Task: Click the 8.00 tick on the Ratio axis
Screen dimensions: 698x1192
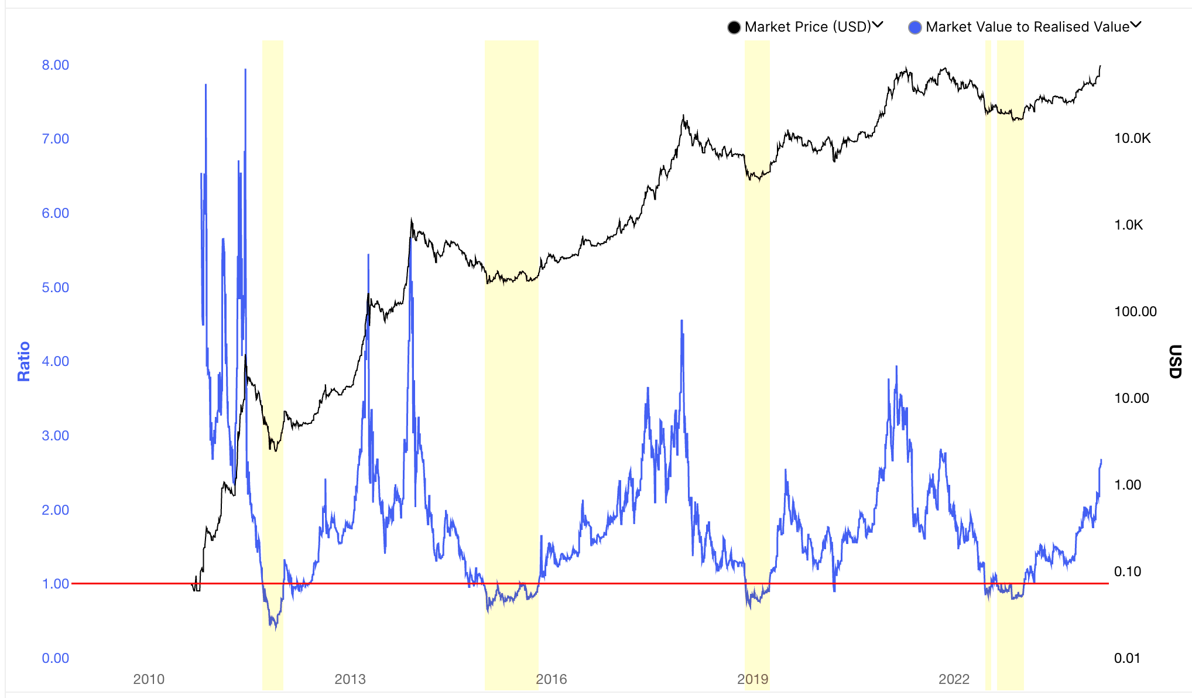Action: [55, 65]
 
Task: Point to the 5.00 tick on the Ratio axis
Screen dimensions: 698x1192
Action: [55, 288]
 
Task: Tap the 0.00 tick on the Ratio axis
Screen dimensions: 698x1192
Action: [55, 658]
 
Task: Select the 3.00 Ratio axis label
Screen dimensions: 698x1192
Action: [55, 436]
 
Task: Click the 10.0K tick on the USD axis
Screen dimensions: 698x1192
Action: [1132, 138]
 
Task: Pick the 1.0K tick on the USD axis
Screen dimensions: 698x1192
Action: [1128, 225]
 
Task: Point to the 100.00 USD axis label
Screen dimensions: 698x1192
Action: [1135, 312]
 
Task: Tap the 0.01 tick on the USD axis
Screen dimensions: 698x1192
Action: [1127, 658]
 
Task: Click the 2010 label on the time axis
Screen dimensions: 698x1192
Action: [149, 679]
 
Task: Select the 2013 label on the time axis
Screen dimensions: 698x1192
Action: [350, 679]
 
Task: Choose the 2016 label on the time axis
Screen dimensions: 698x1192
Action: [552, 679]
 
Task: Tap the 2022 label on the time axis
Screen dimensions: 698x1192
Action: [954, 679]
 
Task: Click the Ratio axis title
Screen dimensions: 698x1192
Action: [23, 361]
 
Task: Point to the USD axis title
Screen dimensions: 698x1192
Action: [1174, 361]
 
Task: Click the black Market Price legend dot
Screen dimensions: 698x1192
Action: [734, 28]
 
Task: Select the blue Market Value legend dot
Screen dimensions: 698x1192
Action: [914, 28]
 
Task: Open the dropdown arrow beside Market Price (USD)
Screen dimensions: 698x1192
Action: [878, 25]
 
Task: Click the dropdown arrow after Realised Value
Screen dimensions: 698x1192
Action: [1136, 25]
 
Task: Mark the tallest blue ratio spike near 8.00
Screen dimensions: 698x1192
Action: [245, 71]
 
